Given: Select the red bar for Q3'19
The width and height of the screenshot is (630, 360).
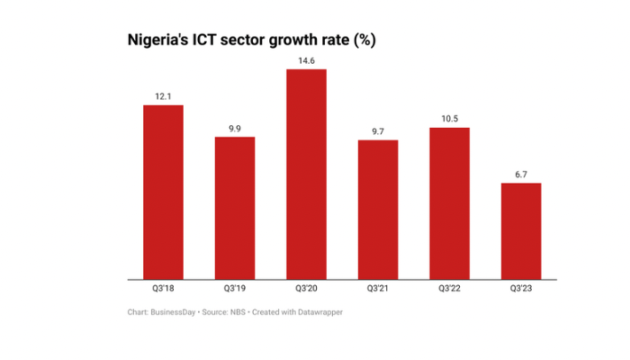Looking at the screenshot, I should pos(234,208).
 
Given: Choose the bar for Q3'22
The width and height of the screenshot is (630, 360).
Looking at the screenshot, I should pos(449,203).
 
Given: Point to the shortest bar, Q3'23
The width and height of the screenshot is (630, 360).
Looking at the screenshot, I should pos(521,231).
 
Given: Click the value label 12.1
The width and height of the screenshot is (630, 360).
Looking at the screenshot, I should pos(163,96).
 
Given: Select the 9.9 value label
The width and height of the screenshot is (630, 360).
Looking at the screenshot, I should pos(234,129).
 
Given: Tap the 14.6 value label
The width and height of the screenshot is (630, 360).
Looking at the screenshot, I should pos(306,60).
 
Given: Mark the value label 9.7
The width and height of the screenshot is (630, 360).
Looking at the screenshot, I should pos(378,131).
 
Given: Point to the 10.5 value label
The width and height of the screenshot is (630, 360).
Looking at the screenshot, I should pos(449,119).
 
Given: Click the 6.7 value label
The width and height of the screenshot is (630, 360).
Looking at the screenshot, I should pos(521,175).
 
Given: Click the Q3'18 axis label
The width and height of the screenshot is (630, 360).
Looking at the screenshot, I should pos(163,289).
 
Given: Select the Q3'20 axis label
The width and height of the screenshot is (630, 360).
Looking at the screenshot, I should pos(306,289).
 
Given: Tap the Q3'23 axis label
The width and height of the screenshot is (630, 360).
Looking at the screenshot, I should pos(521,289).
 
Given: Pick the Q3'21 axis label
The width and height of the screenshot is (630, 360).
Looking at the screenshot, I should pos(378,289).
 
